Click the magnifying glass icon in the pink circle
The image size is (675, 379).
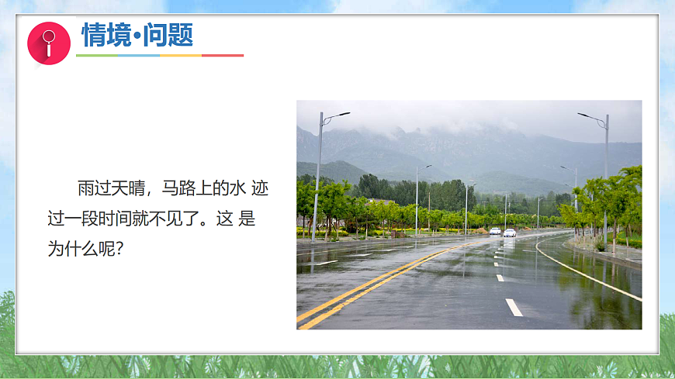click(49, 43)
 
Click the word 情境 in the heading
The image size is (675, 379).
click(106, 35)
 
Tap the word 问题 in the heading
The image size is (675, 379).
click(168, 35)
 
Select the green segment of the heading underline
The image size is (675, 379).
click(96, 56)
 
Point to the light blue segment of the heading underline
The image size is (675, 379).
click(138, 56)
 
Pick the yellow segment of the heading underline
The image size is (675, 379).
click(180, 56)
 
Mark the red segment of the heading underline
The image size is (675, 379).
click(223, 56)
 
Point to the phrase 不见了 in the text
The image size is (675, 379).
click(180, 219)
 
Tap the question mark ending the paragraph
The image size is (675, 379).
click(120, 250)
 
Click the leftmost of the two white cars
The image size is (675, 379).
click(495, 231)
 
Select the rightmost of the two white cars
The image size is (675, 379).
click(510, 233)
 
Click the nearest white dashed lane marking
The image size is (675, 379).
click(514, 307)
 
